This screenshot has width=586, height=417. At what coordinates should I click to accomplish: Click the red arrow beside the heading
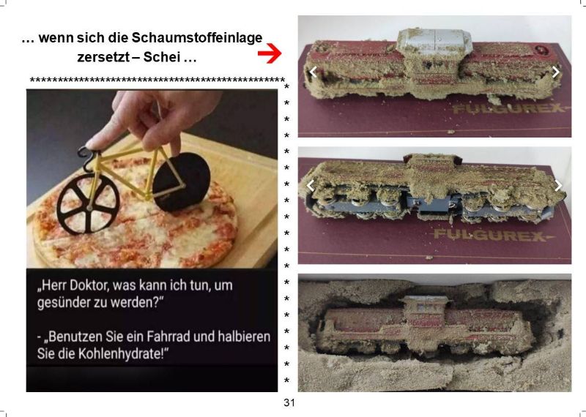(x=270, y=53)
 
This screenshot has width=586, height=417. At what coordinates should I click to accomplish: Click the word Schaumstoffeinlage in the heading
(x=197, y=38)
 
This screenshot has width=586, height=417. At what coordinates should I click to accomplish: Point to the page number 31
(x=289, y=402)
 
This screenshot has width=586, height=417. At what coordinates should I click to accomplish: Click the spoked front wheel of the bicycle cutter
(x=88, y=204)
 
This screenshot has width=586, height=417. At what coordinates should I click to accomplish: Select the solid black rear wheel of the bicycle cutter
(x=182, y=181)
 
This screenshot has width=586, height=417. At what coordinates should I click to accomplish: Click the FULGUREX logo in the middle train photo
(x=492, y=236)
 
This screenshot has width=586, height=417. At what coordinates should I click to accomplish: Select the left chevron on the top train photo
(x=314, y=72)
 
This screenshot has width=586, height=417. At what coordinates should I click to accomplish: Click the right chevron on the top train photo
(x=556, y=72)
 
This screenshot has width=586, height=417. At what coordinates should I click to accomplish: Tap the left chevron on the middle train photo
(x=310, y=185)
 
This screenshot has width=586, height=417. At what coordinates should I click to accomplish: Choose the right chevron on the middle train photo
(x=558, y=185)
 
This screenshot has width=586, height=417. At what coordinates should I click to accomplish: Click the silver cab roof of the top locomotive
(x=434, y=41)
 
